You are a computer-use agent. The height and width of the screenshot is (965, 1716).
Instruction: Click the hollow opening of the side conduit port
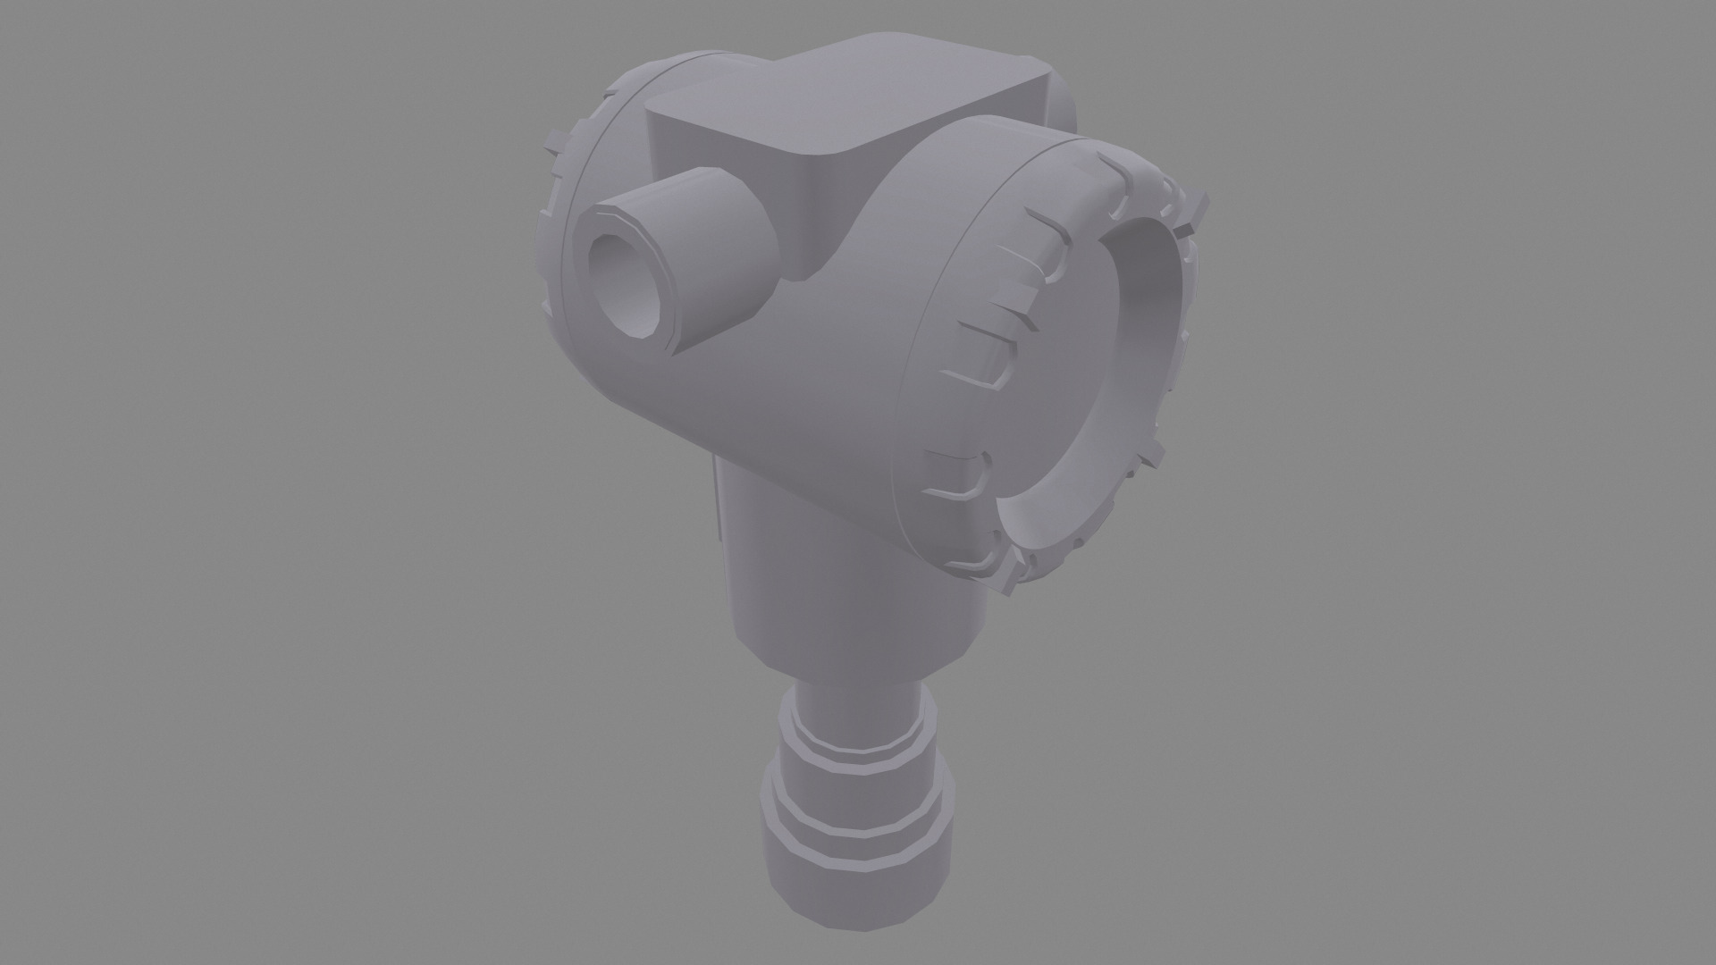coord(626,284)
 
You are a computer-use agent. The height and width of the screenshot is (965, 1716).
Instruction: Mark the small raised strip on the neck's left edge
coord(719,500)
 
